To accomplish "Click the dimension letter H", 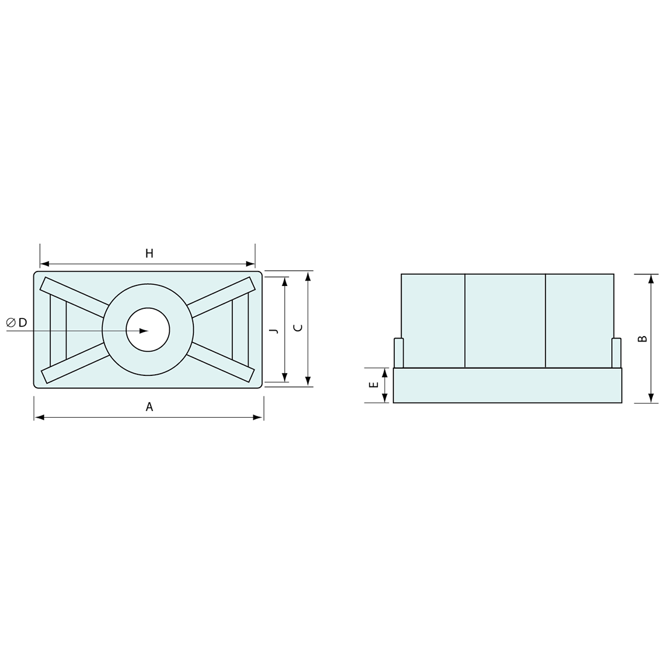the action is coord(149,254).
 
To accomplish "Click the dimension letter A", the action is coord(149,407).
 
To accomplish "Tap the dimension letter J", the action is coord(274,330).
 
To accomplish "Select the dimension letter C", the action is coord(299,328).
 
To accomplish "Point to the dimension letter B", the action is coord(643,339).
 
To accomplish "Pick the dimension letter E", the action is coord(374,385).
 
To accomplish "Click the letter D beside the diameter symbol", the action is coord(22,323).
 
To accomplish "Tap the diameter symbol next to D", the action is coord(11,323).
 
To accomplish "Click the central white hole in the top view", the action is coord(148,330).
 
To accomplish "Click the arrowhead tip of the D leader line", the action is coord(149,330).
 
